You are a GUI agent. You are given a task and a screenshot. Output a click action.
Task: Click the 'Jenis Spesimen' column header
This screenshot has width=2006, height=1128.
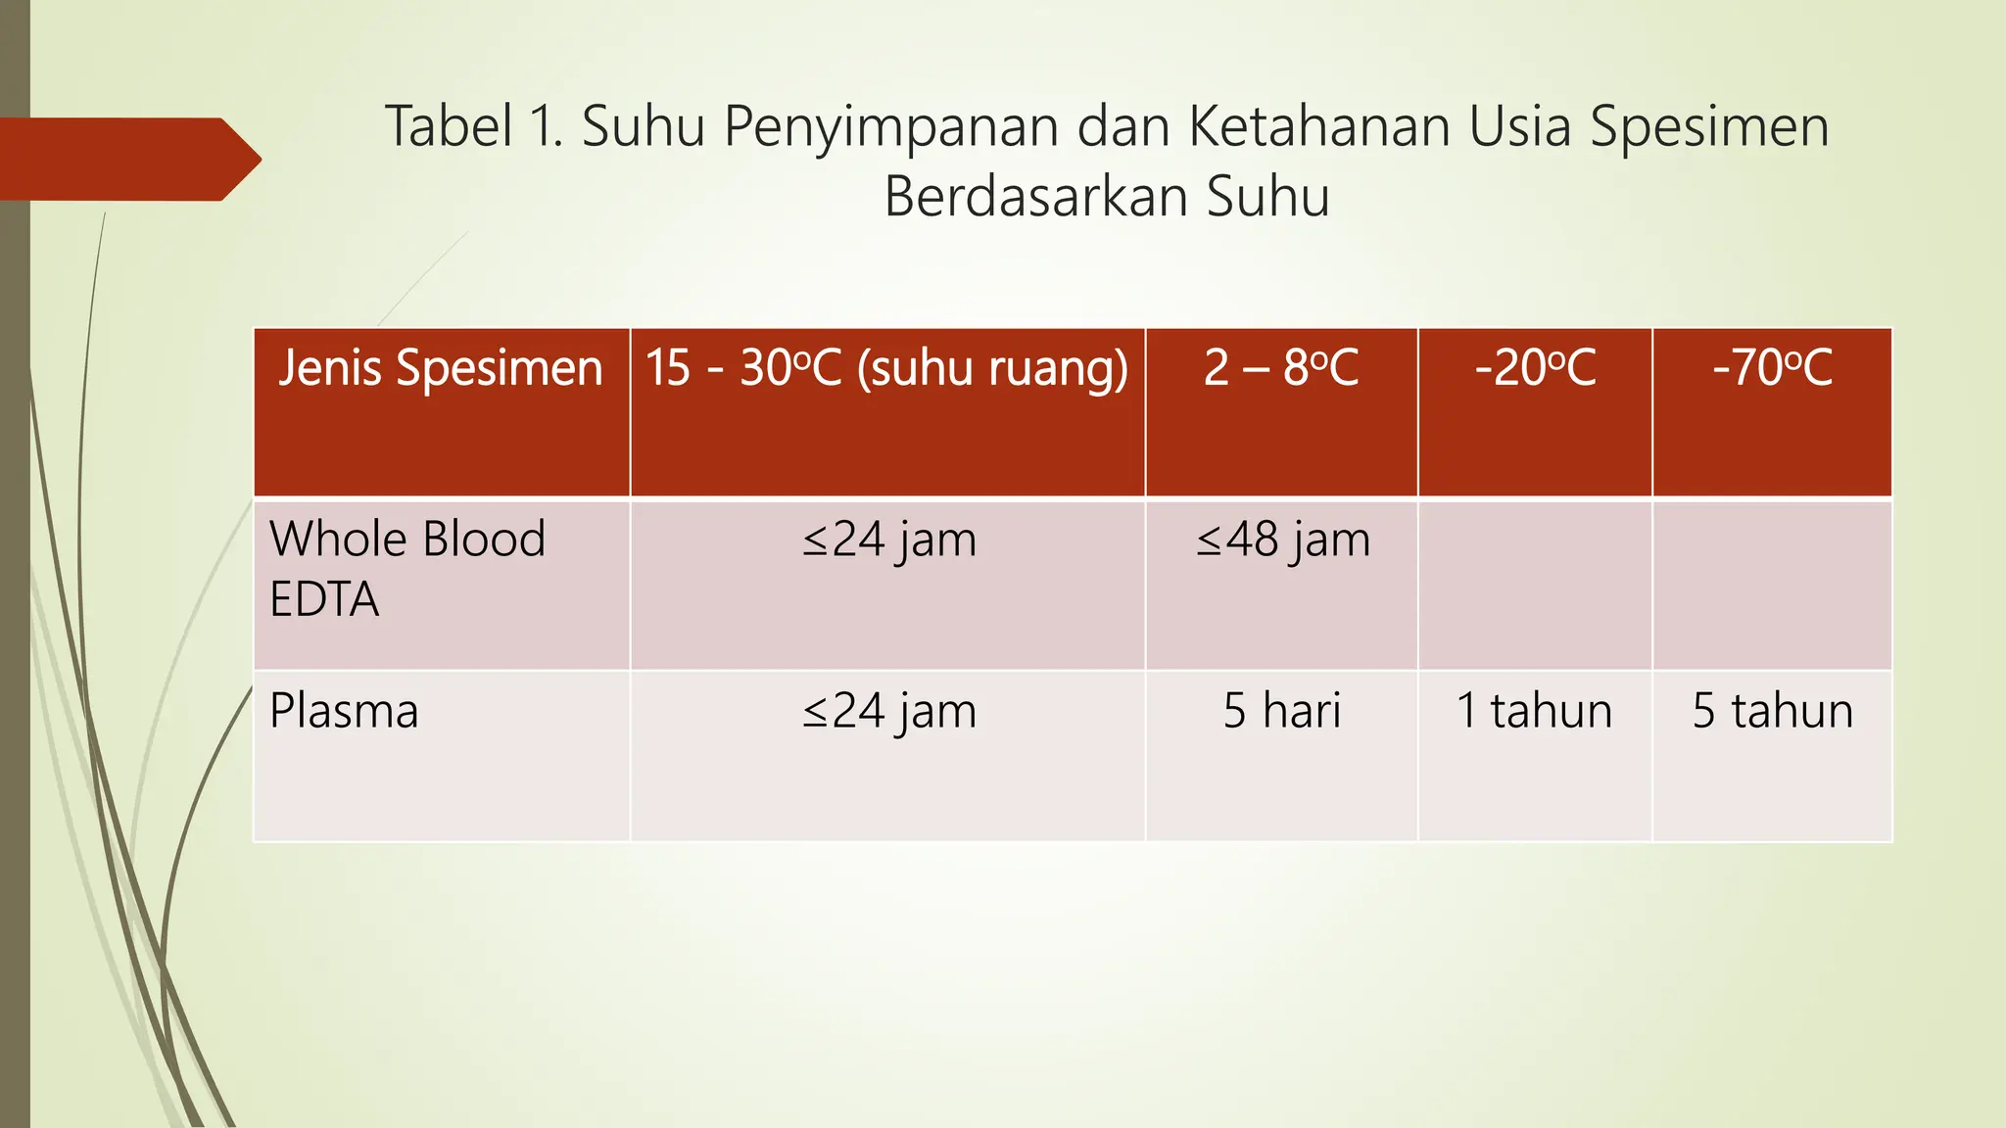click(440, 369)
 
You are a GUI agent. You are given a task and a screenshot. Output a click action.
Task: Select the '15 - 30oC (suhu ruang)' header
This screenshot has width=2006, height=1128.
click(886, 369)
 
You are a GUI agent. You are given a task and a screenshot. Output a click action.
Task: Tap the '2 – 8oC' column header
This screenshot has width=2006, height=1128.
click(1281, 369)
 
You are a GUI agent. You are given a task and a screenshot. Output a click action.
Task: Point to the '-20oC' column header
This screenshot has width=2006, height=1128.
click(1535, 369)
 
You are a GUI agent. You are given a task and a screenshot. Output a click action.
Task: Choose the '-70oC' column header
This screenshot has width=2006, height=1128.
click(1772, 369)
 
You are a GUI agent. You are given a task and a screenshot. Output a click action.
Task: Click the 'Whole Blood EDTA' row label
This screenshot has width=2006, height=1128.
click(406, 569)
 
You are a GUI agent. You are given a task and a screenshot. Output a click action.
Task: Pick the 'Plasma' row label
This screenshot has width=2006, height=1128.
click(344, 711)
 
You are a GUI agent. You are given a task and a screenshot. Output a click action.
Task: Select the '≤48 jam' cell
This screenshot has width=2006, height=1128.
click(1282, 540)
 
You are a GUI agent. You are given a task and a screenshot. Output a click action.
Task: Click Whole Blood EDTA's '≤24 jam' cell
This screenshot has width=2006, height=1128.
click(888, 540)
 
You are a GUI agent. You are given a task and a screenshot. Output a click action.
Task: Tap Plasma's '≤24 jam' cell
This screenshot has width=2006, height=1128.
click(888, 711)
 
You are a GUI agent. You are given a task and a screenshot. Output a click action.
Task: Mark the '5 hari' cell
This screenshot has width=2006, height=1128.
click(1281, 711)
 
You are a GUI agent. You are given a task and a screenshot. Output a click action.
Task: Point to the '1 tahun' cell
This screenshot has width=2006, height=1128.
click(1534, 711)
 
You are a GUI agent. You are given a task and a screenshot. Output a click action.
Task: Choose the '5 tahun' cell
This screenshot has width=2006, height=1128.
click(1772, 711)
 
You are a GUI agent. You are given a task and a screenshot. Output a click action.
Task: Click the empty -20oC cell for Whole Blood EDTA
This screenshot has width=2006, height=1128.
click(1535, 585)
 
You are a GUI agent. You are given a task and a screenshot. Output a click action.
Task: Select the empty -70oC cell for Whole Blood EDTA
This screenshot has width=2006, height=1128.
click(1772, 585)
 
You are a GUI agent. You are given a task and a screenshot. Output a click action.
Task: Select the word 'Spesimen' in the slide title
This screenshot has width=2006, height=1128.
click(1708, 127)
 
